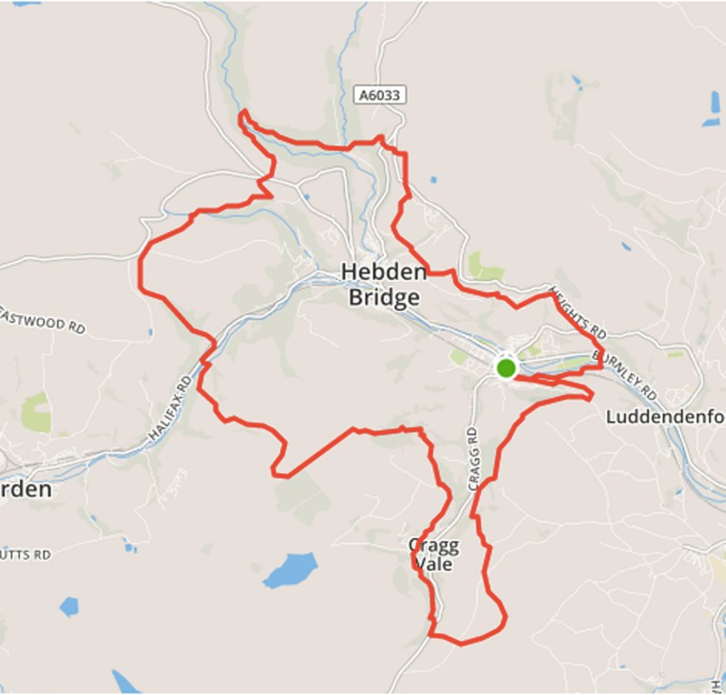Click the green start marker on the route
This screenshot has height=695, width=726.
[506, 367]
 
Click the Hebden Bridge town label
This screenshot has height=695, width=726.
[380, 285]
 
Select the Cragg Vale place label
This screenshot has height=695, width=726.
[433, 554]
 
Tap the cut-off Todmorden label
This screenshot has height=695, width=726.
[26, 489]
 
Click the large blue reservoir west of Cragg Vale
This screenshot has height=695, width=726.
[290, 571]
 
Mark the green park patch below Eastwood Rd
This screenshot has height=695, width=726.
[37, 413]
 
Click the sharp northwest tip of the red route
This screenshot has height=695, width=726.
[241, 114]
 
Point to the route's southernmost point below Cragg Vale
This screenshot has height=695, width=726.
[462, 644]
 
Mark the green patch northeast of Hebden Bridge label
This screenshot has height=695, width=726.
[483, 269]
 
